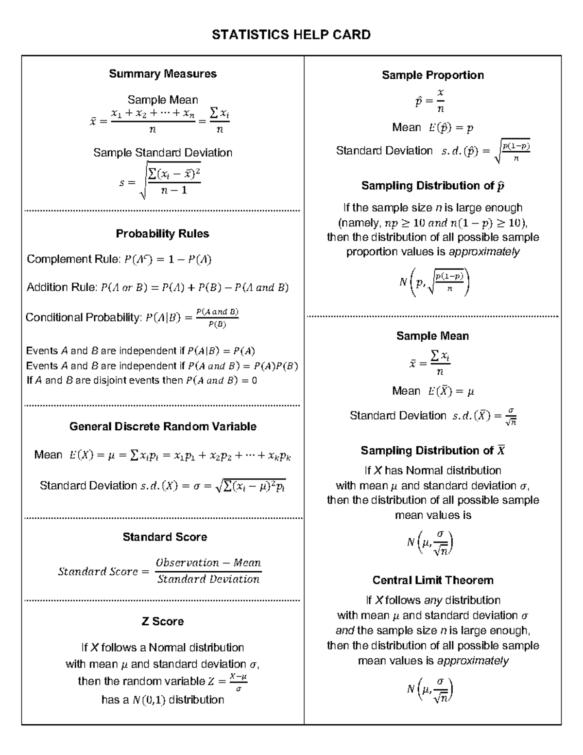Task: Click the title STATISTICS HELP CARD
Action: (291, 35)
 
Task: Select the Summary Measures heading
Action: (163, 74)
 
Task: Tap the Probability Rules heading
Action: (162, 234)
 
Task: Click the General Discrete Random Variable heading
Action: (163, 426)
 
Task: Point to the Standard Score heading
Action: (165, 537)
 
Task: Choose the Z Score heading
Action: (162, 621)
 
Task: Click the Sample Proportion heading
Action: (432, 75)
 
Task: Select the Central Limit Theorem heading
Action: (432, 580)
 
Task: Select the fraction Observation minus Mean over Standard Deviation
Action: (208, 571)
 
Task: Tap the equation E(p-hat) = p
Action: (450, 128)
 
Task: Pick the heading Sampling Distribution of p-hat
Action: (432, 186)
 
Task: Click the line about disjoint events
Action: (141, 381)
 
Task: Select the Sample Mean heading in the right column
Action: (432, 336)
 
